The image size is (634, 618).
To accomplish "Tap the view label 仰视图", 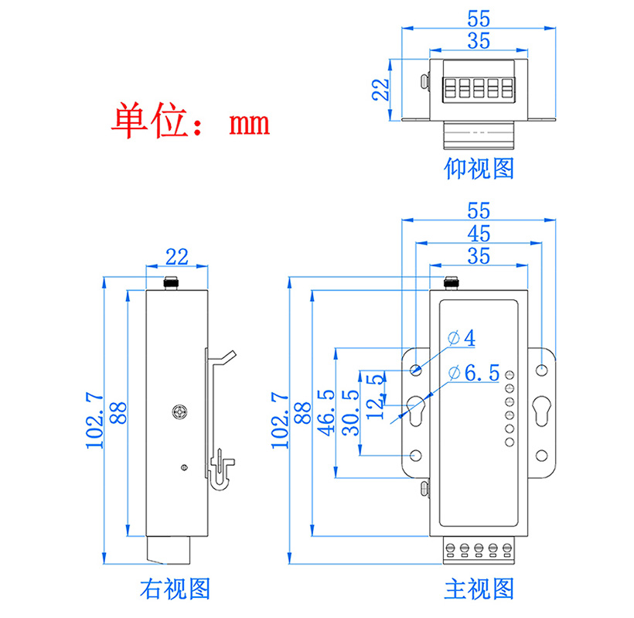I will pos(479,168).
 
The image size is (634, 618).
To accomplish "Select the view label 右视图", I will pos(176,589).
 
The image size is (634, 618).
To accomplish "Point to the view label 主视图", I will pos(479,589).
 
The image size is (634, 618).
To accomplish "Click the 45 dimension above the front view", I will pos(479,233).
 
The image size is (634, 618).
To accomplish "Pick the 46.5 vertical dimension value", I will pos(326,414).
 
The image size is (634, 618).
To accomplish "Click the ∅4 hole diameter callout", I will pos(462,338).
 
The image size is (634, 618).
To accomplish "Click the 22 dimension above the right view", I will pos(177,256).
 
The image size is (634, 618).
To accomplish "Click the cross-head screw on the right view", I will pos(179,411).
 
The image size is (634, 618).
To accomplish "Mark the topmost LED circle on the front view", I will pos(510,376).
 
